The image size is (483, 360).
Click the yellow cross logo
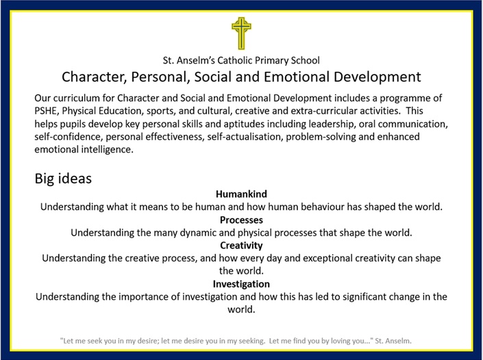[x=241, y=34]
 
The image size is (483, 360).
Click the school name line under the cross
[x=241, y=60]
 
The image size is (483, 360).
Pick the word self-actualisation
[x=245, y=137]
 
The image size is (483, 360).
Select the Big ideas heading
[x=63, y=179]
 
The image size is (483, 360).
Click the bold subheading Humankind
[x=241, y=194]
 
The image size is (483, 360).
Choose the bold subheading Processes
[x=241, y=220]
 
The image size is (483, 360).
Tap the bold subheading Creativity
[x=241, y=246]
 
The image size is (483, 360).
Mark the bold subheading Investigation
[x=241, y=284]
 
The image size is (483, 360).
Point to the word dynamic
[x=198, y=233]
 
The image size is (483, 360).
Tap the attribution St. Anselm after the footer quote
[x=393, y=341]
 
